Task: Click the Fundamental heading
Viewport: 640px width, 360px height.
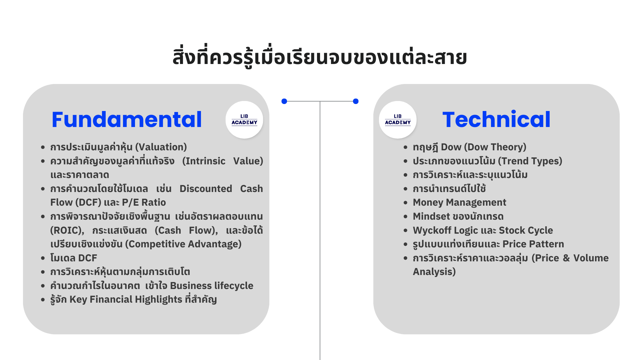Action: pos(127,119)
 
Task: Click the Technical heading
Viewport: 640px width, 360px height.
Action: pos(496,119)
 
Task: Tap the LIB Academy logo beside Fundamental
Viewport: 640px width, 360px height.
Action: pos(244,120)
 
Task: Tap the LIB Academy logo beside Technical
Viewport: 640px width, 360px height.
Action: pos(398,120)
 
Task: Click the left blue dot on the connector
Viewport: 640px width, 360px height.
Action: pos(284,101)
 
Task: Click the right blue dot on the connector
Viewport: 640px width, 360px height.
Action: pos(356,101)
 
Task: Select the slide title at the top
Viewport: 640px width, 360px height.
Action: pos(320,57)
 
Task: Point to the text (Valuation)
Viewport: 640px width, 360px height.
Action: pos(161,147)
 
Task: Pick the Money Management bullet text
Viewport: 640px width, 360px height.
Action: pos(459,202)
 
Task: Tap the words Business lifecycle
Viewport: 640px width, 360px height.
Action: pos(212,286)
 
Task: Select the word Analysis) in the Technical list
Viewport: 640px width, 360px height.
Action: pos(434,272)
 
